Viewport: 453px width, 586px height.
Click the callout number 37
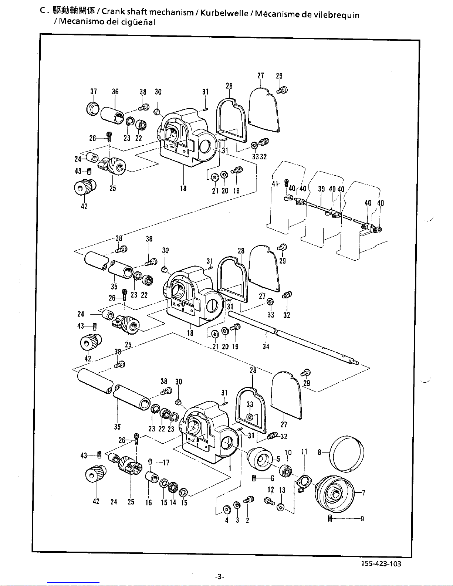93,92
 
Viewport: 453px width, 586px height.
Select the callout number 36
115,92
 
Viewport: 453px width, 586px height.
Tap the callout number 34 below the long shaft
266,346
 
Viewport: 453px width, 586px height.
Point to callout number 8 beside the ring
320,451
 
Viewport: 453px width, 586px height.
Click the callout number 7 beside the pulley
364,492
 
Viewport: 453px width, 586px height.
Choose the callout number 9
362,519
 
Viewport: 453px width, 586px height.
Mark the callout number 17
166,462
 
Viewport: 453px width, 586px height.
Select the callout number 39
321,189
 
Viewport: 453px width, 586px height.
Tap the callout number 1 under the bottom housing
230,468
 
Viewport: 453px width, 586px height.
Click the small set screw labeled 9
329,519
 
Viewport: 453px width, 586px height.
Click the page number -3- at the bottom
220,577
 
